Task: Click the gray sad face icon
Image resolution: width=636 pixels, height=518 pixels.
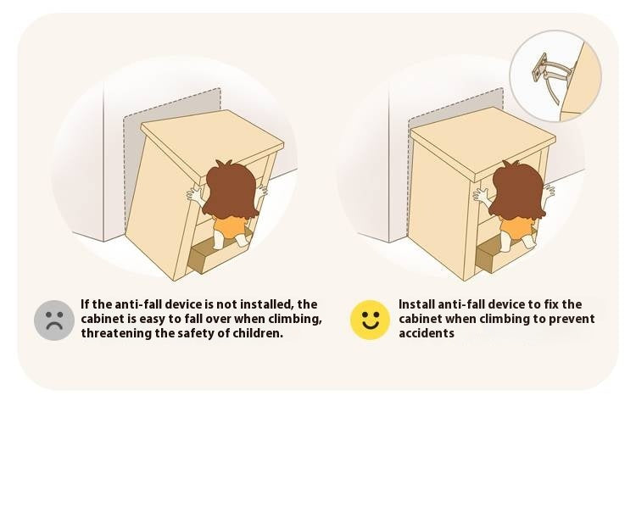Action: click(x=54, y=320)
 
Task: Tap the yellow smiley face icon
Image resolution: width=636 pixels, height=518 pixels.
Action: click(x=370, y=320)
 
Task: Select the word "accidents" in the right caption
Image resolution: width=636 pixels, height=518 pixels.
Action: click(x=427, y=333)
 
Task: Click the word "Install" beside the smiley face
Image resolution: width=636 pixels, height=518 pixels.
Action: click(x=416, y=304)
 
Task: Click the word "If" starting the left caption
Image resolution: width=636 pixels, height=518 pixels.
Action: click(x=84, y=304)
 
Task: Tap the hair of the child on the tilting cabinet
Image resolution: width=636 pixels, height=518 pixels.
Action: click(x=231, y=189)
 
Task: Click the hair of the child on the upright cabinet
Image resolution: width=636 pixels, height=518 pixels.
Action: click(x=516, y=190)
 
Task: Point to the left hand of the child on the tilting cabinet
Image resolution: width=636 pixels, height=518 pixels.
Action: click(x=196, y=197)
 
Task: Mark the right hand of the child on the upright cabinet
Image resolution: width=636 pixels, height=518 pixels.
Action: click(x=548, y=192)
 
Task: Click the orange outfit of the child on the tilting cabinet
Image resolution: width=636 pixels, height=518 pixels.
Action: click(x=229, y=227)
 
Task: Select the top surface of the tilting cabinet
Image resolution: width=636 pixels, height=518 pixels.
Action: click(x=212, y=142)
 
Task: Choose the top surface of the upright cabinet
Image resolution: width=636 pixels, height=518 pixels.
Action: click(x=483, y=140)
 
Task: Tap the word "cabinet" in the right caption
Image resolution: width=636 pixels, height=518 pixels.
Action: click(x=421, y=319)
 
